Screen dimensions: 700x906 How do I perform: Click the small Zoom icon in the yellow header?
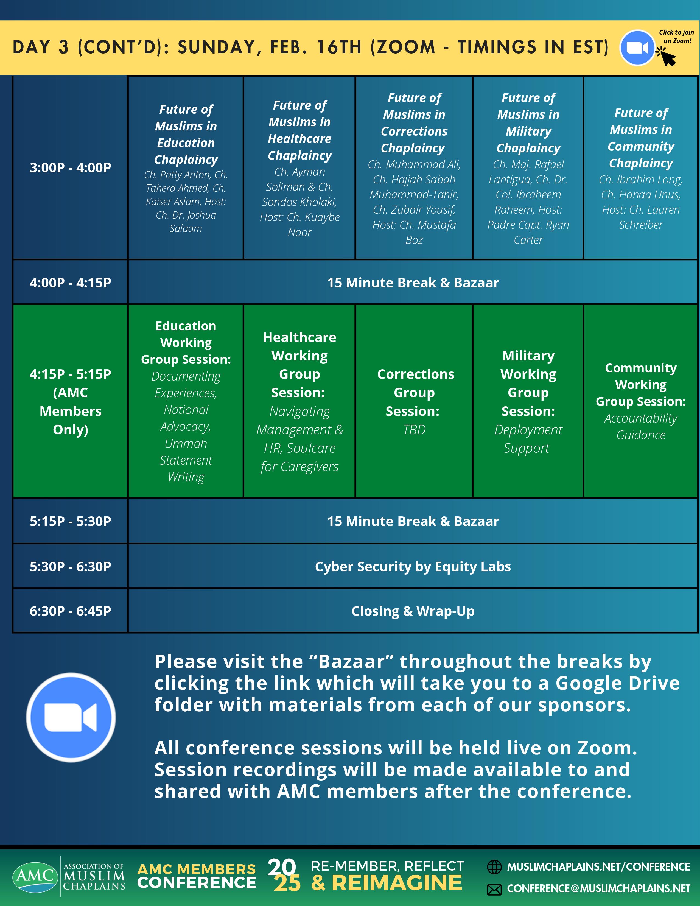(x=637, y=48)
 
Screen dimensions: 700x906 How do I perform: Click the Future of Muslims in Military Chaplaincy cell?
(x=528, y=168)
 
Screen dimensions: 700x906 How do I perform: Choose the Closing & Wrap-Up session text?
(x=413, y=611)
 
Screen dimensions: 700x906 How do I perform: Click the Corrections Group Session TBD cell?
(x=414, y=401)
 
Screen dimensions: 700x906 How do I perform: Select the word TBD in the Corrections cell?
(x=414, y=430)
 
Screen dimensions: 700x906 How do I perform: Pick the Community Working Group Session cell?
(x=641, y=401)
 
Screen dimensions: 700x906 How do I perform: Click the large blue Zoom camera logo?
(x=71, y=717)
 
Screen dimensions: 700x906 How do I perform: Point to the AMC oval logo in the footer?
(x=35, y=876)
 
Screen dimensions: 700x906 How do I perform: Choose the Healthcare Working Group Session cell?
(x=299, y=401)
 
